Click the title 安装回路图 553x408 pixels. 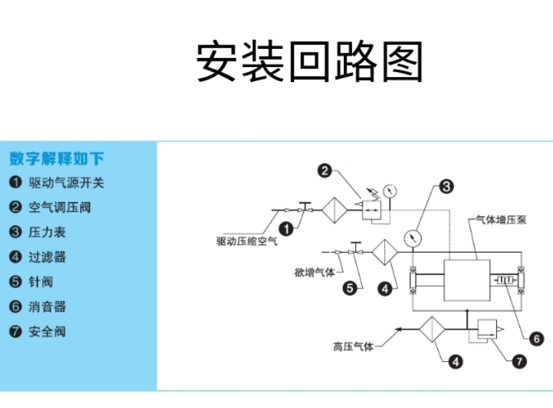pyautogui.click(x=309, y=62)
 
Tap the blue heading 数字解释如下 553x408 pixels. pyautogui.click(x=57, y=157)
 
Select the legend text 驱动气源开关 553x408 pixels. pyautogui.click(x=66, y=183)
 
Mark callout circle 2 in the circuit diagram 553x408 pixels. pyautogui.click(x=324, y=170)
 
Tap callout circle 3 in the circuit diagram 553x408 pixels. pyautogui.click(x=447, y=186)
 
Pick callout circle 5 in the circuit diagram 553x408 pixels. pyautogui.click(x=347, y=286)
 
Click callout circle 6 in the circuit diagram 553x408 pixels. pyautogui.click(x=535, y=339)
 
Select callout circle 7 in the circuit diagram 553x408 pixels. pyautogui.click(x=519, y=362)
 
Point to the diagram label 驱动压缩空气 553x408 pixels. pyautogui.click(x=247, y=242)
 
